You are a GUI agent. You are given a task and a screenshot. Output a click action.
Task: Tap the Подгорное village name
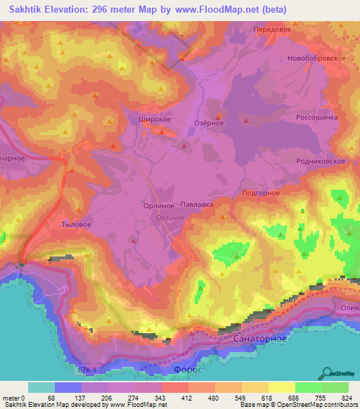(261, 193)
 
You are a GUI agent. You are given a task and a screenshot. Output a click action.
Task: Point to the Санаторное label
(258, 339)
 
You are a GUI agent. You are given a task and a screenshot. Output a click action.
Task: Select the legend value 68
(50, 397)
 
